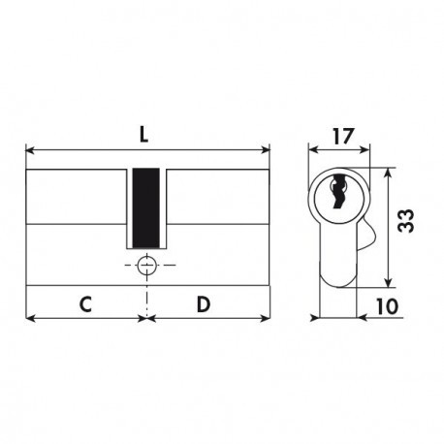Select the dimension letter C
click(85, 304)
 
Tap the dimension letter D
click(204, 304)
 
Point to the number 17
click(343, 137)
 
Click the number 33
click(405, 221)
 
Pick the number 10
click(388, 305)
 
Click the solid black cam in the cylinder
click(146, 208)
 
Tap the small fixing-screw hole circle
click(147, 265)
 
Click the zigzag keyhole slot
click(337, 191)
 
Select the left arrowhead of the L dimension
click(30, 150)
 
